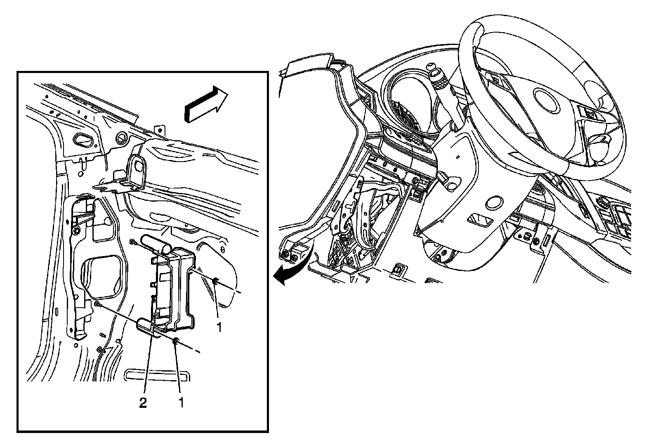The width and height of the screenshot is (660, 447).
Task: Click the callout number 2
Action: [143, 403]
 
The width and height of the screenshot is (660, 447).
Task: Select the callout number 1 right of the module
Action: [219, 327]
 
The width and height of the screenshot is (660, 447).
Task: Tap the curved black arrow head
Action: [280, 277]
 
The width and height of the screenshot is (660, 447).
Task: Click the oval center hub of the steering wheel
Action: [547, 101]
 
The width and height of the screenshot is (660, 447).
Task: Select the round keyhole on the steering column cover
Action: [493, 203]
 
